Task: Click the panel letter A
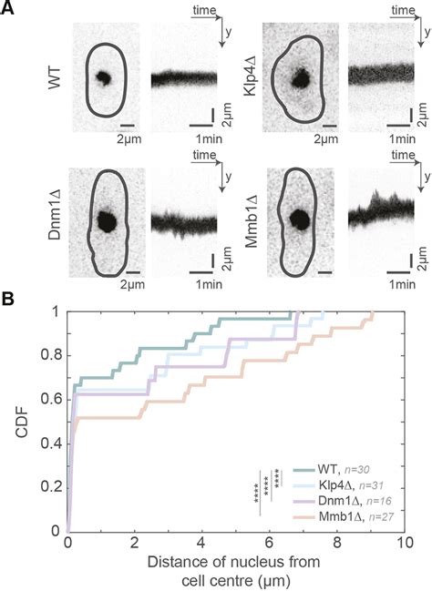pyautogui.click(x=11, y=9)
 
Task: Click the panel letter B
pyautogui.click(x=11, y=297)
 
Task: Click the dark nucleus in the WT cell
pyautogui.click(x=103, y=78)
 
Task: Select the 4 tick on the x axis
pyautogui.click(x=202, y=544)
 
